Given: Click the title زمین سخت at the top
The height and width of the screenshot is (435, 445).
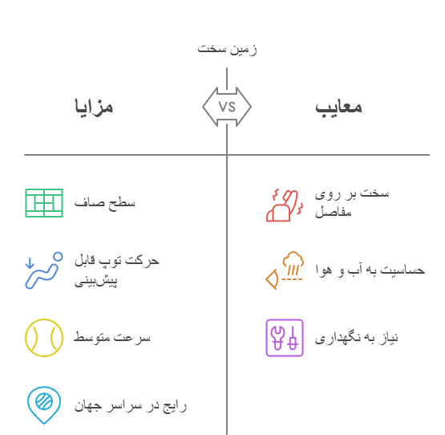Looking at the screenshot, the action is (x=227, y=49).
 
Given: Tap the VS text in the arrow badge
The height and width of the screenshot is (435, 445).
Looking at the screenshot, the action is (x=227, y=107).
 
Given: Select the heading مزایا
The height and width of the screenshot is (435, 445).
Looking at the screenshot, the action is (x=94, y=107).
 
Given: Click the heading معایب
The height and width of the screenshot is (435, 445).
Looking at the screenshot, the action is (x=338, y=108).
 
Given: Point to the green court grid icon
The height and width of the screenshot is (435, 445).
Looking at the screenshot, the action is (x=44, y=203).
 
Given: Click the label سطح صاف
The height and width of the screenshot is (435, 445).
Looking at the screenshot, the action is (x=105, y=203).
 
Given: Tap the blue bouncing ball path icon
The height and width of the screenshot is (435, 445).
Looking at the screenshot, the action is (x=44, y=270).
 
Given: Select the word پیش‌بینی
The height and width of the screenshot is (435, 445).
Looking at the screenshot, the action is (x=95, y=280).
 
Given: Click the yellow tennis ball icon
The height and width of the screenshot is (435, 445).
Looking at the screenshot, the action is (x=44, y=338).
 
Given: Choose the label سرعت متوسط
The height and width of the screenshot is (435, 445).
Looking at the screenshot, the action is (x=112, y=338).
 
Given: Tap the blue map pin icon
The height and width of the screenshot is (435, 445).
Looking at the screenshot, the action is (x=44, y=405).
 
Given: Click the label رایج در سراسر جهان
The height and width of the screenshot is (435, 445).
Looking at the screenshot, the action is (x=131, y=406).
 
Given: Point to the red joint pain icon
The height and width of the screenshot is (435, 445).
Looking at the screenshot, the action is (x=285, y=205).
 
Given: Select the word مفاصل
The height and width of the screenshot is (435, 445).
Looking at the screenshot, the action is (x=334, y=212).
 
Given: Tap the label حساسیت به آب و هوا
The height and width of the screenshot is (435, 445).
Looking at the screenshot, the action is (x=370, y=270).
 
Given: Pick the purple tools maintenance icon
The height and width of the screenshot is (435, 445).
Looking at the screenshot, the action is (x=285, y=338).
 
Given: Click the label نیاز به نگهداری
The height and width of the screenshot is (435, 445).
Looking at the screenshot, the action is (x=357, y=338).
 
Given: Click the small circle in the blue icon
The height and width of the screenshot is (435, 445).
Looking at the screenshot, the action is (x=58, y=257).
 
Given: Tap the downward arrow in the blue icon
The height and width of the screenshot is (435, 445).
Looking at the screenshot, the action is (x=30, y=262).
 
